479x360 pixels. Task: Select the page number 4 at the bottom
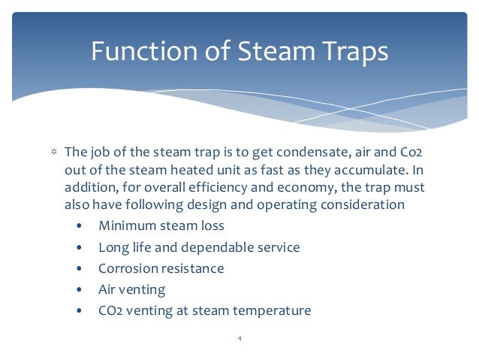tap(239, 338)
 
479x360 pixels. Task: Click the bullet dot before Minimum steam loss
tap(80, 225)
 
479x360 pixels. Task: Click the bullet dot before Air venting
tap(80, 289)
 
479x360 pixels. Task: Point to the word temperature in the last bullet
tap(273, 310)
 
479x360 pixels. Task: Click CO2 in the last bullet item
tap(110, 310)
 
